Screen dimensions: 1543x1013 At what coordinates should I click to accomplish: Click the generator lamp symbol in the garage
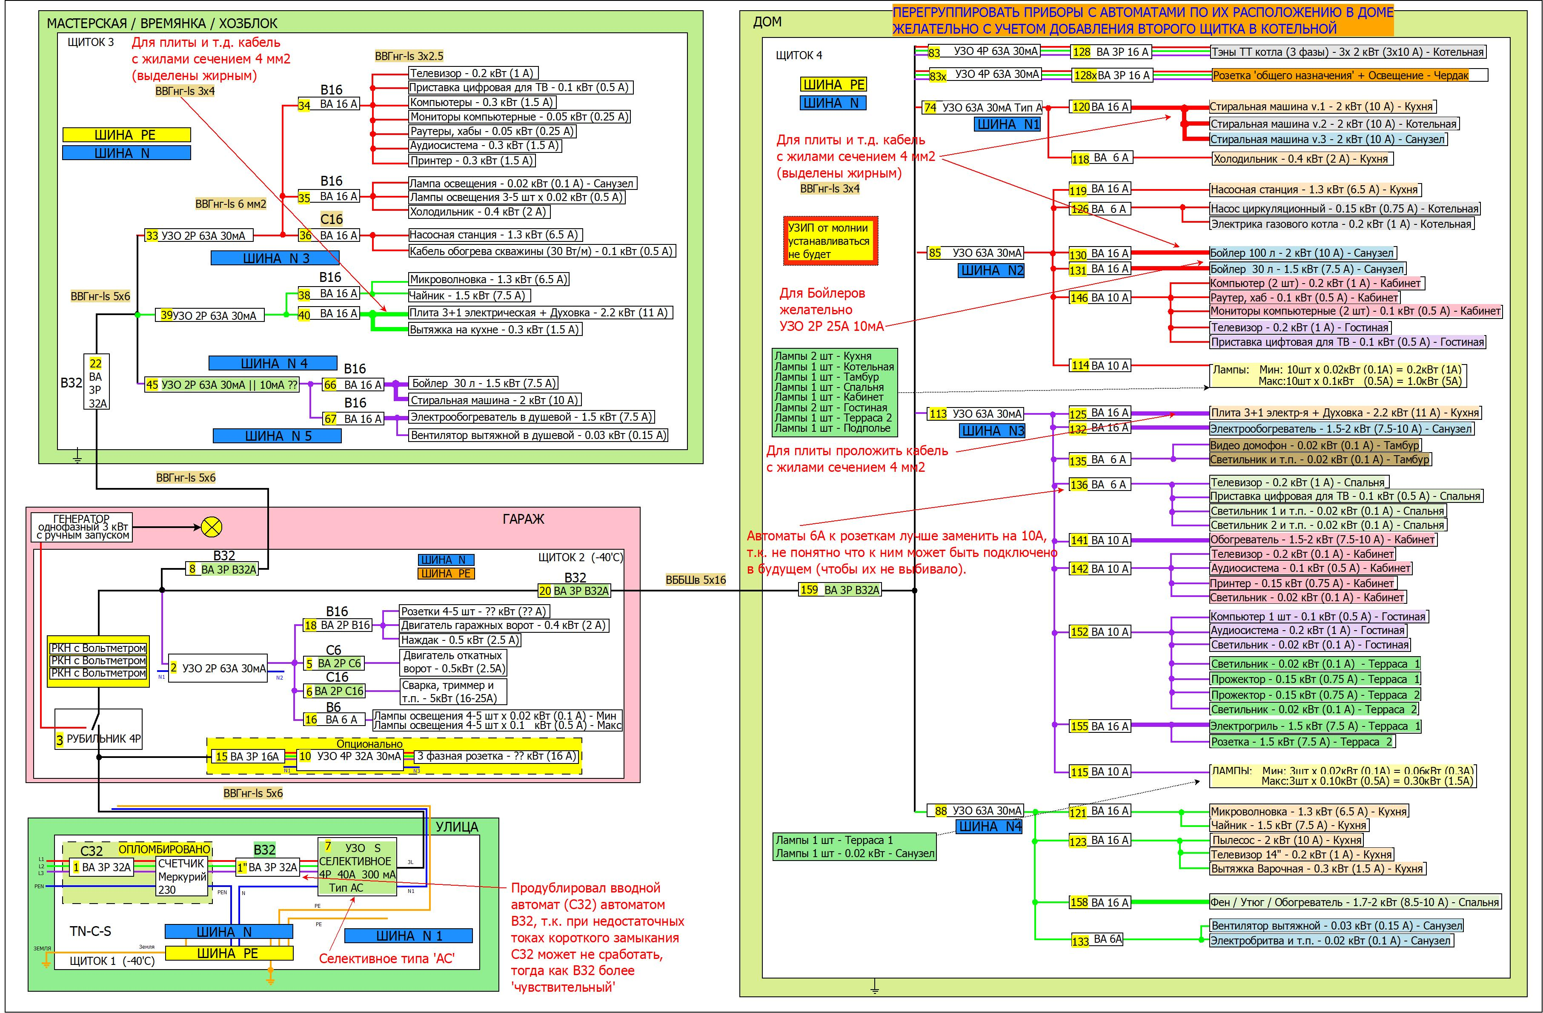coord(212,527)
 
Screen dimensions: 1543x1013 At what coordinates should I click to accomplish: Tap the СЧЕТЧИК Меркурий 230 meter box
coord(182,876)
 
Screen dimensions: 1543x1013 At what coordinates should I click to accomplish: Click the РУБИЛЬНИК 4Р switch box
coord(98,729)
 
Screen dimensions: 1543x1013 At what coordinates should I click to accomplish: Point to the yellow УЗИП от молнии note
coord(830,241)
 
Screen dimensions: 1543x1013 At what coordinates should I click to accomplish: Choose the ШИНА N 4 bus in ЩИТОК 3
coord(273,363)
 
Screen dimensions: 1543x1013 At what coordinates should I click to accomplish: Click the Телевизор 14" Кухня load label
coord(1301,854)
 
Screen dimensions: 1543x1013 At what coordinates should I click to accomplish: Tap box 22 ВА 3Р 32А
coord(96,382)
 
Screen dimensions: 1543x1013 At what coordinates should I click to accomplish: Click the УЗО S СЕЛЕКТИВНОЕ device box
coord(357,867)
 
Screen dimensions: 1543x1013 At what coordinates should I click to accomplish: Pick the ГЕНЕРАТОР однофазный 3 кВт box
coord(82,527)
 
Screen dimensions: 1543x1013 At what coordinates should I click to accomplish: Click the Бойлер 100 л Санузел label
coord(1303,253)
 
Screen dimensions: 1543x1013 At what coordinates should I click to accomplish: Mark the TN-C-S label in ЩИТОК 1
coord(90,931)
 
